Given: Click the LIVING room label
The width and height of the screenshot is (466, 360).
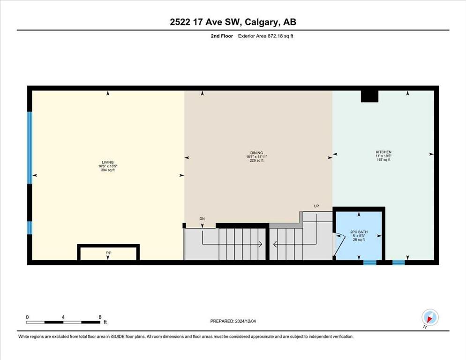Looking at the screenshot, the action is tap(107, 162).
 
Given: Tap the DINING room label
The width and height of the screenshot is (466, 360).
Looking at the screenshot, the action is tap(256, 153).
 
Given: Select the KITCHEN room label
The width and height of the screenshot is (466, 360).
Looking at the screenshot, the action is tap(383, 152).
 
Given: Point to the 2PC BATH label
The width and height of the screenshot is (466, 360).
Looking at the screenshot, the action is tap(359, 232).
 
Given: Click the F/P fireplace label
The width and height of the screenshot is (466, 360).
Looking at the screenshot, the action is tap(108, 253).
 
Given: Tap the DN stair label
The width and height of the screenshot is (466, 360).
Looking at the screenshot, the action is tap(202, 219).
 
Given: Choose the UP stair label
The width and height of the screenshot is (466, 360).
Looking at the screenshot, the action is tap(316, 206).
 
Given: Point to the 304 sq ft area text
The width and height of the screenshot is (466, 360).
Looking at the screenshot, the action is tap(107, 170).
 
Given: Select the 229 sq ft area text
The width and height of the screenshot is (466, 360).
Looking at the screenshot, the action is tap(256, 160).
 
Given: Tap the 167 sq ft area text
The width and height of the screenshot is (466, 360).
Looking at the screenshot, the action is tap(383, 160).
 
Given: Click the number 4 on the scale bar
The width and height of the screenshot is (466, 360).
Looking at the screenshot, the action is tap(63, 317).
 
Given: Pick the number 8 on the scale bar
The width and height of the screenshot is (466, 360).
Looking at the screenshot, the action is tap(100, 317).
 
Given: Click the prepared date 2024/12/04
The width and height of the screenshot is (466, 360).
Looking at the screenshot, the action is tap(246, 322).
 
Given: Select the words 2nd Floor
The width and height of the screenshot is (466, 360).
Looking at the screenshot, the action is tap(222, 36).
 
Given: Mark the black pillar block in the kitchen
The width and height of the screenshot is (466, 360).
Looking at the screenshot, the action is tap(369, 96).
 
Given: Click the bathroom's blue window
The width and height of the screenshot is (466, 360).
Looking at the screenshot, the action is tap(370, 262).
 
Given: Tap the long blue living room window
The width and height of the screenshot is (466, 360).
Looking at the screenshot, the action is tap(30, 148).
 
